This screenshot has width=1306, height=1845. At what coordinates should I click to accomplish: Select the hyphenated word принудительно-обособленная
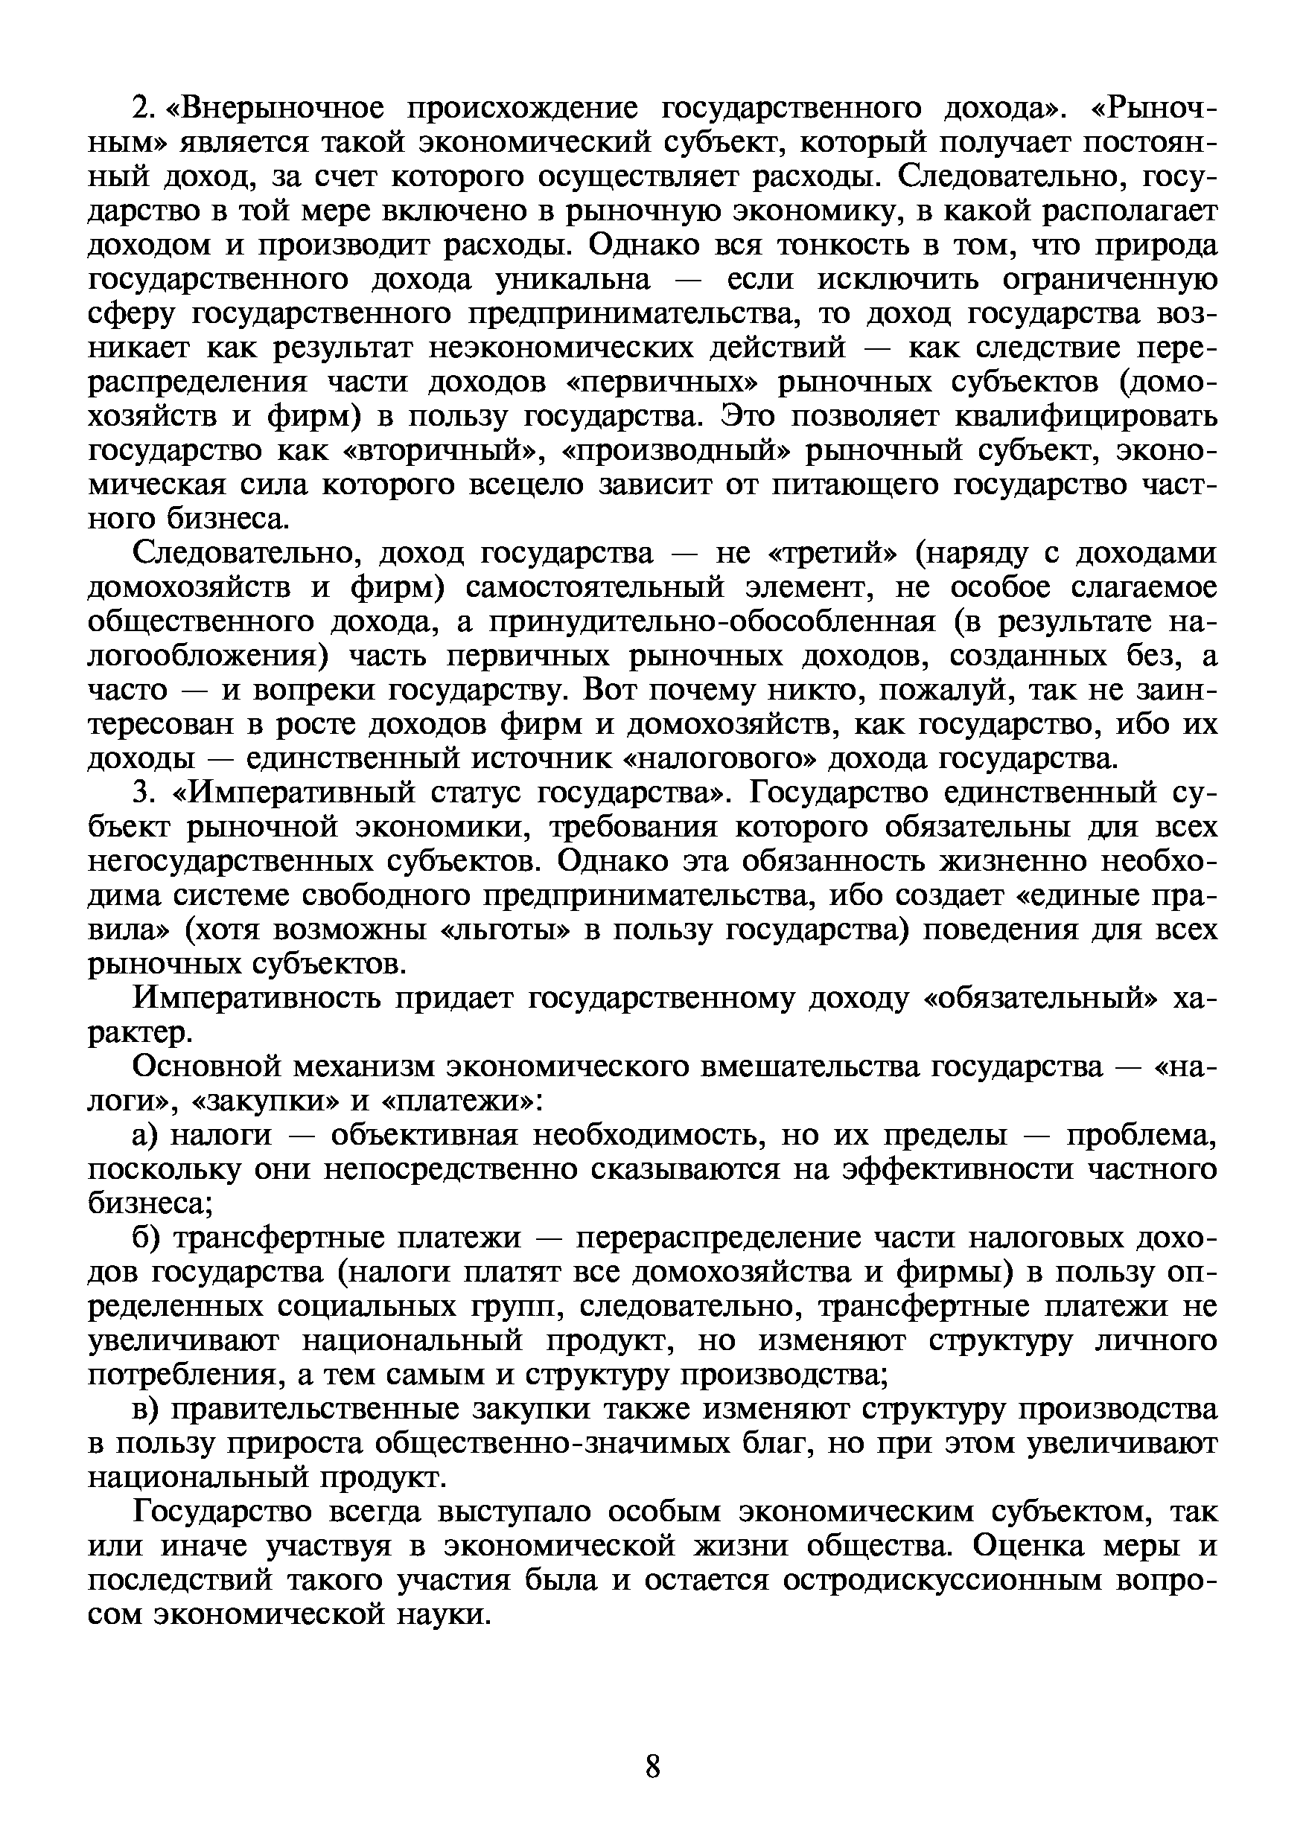tap(713, 623)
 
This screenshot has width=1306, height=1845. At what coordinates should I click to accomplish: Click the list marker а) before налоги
tap(148, 1135)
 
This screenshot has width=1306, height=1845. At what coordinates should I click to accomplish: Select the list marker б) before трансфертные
tap(148, 1238)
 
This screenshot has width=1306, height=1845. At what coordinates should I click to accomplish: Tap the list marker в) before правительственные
tap(148, 1410)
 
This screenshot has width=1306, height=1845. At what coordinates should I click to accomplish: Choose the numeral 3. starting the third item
tap(143, 793)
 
